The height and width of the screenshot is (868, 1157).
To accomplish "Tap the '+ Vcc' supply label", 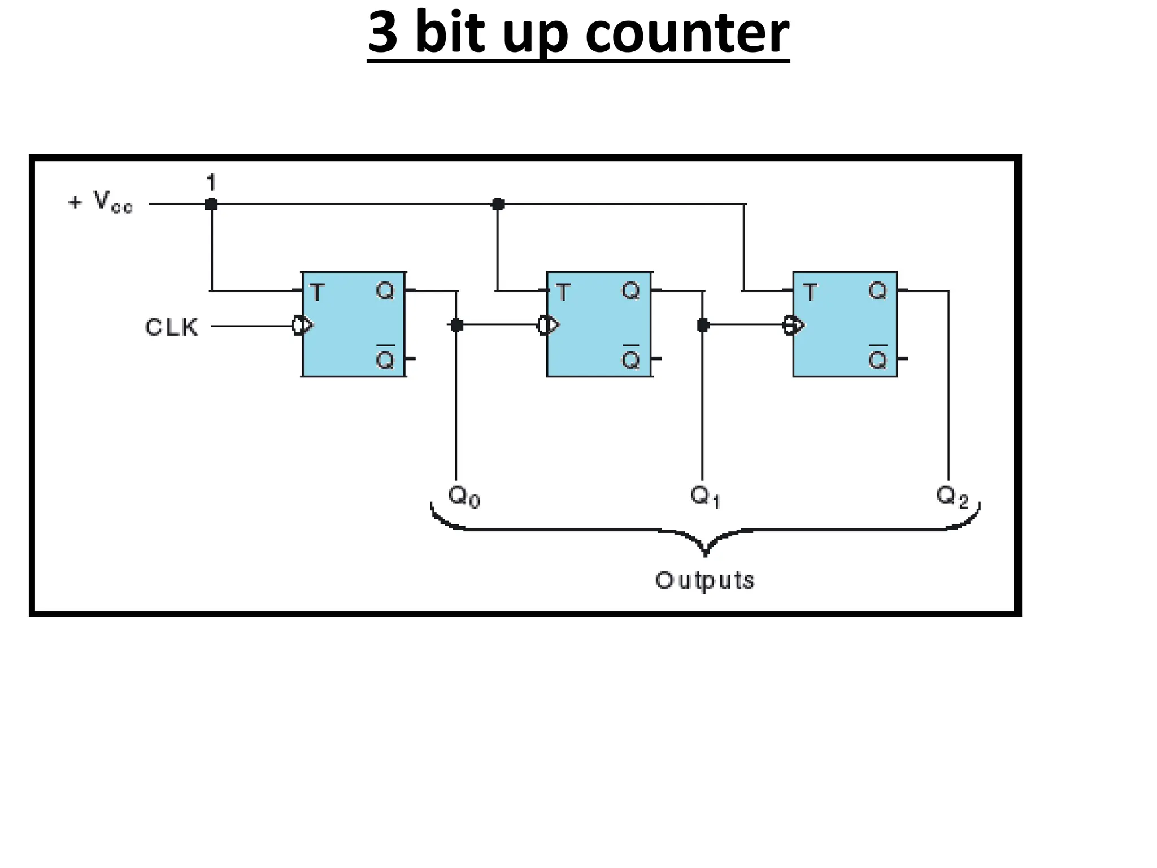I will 101,202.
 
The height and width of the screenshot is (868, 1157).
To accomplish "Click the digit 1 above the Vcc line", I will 211,183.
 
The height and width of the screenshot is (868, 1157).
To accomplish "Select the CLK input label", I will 172,327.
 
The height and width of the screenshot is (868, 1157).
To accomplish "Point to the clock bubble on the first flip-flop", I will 298,325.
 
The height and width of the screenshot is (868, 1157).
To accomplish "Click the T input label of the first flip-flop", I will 317,293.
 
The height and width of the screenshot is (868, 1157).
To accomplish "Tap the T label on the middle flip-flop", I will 563,293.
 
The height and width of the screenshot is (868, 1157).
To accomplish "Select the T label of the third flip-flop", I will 810,293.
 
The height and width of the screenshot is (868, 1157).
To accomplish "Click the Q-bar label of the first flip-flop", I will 385,358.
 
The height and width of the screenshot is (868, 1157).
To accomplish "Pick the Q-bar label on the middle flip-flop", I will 630,358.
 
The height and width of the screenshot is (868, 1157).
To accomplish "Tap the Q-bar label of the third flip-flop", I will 877,358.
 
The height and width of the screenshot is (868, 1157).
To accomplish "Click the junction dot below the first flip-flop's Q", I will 456,325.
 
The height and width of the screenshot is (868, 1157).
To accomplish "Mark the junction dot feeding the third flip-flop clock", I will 703,325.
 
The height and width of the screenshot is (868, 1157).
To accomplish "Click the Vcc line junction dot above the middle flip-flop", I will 498,204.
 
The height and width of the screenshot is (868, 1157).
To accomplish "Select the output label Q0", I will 464,496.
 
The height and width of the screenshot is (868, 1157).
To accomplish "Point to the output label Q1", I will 704,496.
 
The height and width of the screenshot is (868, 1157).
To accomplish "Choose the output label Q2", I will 952,496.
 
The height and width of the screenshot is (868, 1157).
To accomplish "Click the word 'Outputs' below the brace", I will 704,580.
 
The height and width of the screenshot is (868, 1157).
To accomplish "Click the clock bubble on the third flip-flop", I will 789,325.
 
